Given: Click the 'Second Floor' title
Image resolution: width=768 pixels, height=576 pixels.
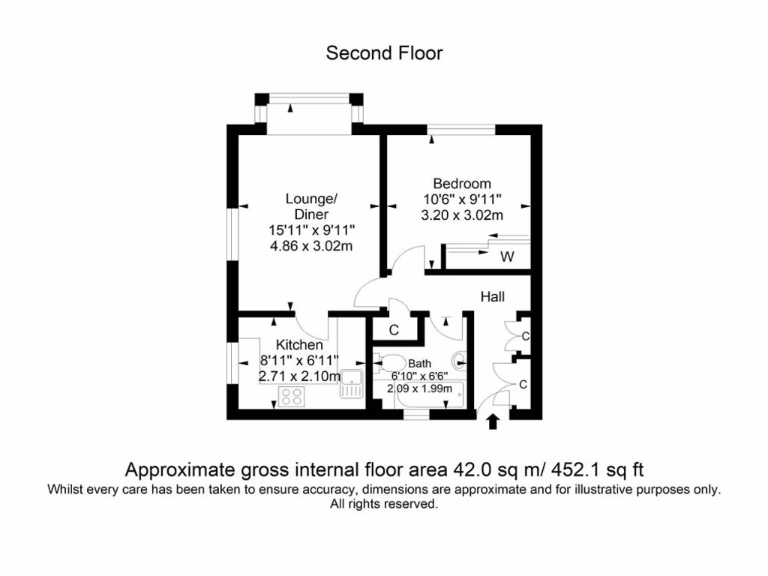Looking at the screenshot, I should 384,53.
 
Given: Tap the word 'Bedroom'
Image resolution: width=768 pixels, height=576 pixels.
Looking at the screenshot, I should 462,184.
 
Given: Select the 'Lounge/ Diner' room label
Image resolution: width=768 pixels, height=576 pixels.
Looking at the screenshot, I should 311,206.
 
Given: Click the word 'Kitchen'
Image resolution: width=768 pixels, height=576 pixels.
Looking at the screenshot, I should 299,345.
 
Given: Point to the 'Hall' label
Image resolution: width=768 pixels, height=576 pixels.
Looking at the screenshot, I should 493,297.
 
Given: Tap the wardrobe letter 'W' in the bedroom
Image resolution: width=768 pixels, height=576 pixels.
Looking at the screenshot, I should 508,257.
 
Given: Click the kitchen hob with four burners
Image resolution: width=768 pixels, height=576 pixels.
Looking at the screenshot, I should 293,396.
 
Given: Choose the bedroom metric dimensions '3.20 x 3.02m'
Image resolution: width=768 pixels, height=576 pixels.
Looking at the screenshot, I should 462,215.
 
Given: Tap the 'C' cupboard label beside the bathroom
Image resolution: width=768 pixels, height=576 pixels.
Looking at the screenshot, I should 393,330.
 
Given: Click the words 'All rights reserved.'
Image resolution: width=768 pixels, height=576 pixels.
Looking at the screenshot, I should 384,505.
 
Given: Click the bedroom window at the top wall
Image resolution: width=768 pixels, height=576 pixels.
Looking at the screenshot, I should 461,130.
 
